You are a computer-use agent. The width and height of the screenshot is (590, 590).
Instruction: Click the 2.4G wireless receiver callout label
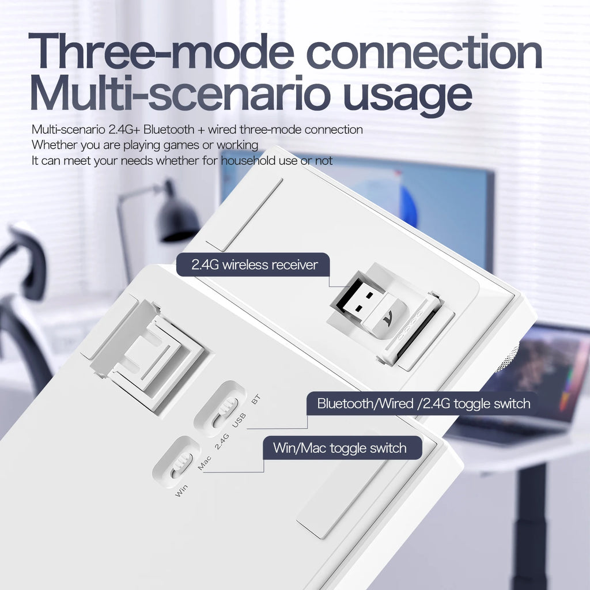pos(254,264)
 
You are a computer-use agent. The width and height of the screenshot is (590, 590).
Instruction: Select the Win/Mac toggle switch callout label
pos(342,448)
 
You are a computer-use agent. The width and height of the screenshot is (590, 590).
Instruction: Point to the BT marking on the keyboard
pos(256,399)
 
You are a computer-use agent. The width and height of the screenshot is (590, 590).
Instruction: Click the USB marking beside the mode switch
pos(239,420)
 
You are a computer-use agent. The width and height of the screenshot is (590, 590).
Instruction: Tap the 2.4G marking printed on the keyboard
pos(222,441)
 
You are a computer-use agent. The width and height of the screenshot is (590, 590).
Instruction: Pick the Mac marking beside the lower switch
pos(205,463)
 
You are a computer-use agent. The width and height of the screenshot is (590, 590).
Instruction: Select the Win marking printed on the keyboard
pos(181,490)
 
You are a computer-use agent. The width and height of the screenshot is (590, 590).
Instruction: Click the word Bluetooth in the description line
pos(169,130)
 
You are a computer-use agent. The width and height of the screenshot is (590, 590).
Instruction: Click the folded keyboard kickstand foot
pos(147,352)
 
